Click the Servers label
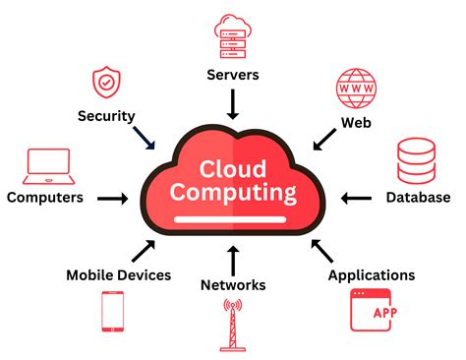[233, 74]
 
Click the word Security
[106, 116]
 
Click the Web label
[355, 123]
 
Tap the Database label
[418, 197]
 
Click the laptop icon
[47, 164]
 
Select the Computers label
[45, 198]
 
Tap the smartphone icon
[112, 312]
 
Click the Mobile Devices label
[118, 275]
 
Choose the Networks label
[233, 285]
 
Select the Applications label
[372, 275]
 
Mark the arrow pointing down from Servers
[233, 102]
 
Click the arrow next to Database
[356, 198]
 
